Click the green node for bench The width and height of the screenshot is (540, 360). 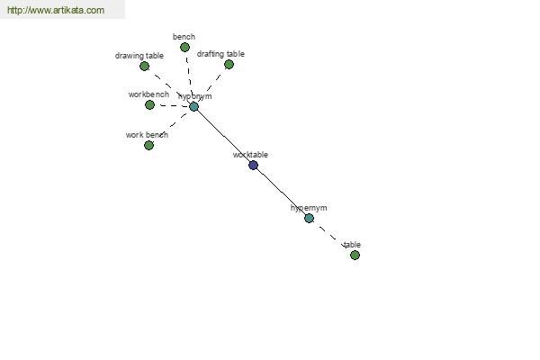click(184, 47)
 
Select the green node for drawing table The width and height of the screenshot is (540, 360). click(145, 66)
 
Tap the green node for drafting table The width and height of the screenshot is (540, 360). click(229, 65)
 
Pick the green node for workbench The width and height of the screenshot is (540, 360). click(149, 104)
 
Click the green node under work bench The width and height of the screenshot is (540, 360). click(148, 146)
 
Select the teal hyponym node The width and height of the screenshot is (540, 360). click(193, 107)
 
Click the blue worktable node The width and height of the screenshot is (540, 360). click(253, 166)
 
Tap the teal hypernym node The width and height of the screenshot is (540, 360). click(310, 218)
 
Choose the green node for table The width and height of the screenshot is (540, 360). click(355, 256)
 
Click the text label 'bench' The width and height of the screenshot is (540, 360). click(184, 37)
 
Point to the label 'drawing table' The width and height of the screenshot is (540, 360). click(139, 56)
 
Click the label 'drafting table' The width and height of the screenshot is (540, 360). click(220, 54)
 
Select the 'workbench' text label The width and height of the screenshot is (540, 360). click(148, 94)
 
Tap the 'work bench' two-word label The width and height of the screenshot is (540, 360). click(147, 135)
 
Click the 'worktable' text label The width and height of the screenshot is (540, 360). click(250, 155)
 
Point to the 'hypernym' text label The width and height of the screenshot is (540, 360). click(309, 208)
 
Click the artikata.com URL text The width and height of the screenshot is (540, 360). click(56, 10)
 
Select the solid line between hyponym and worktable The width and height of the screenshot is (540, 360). click(223, 136)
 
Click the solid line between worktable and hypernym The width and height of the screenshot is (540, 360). click(282, 192)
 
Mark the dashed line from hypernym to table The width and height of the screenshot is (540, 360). click(332, 237)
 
